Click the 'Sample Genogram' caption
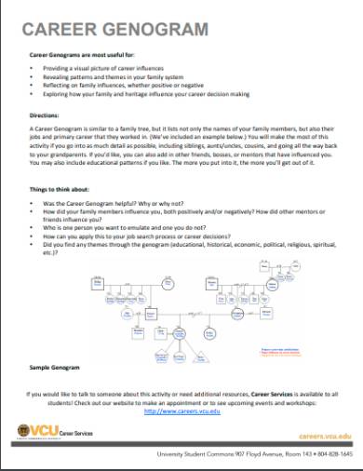coord(52,370)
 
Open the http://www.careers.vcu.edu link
coord(181,410)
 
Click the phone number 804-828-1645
coord(335,454)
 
